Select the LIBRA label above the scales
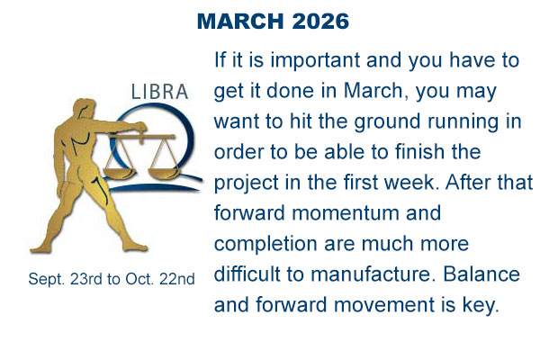click(159, 93)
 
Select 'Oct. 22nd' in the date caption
click(162, 280)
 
